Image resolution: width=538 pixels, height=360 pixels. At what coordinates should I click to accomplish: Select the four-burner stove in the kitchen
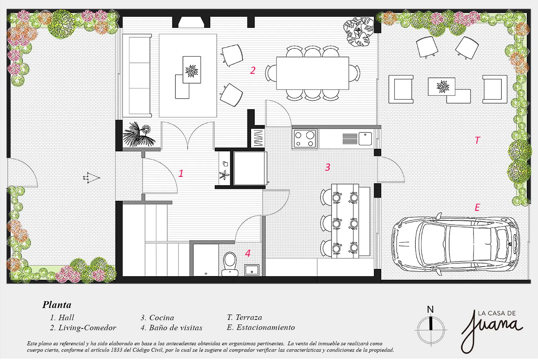tap(305, 139)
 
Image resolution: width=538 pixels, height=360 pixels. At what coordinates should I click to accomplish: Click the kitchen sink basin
tap(365, 138)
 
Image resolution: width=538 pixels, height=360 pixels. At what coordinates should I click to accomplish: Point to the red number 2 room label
tap(253, 70)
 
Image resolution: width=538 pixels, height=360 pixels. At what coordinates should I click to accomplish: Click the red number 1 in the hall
tap(181, 173)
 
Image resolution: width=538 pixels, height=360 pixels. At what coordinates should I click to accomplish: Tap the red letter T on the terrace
tap(477, 140)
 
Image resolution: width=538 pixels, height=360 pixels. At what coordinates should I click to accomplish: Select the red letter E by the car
tap(477, 207)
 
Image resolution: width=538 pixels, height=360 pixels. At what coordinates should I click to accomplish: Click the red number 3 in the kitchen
tap(327, 167)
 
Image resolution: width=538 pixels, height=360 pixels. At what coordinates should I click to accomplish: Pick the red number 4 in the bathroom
tap(247, 253)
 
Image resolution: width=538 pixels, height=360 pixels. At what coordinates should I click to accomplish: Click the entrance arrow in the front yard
tap(91, 178)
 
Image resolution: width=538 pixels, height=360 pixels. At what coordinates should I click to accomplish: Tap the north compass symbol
tap(431, 326)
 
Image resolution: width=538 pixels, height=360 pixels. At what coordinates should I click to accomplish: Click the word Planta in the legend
tap(57, 305)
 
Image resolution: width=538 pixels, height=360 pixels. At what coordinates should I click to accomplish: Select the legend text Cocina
tap(161, 317)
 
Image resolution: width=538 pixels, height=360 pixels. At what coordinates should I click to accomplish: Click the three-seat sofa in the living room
tap(137, 76)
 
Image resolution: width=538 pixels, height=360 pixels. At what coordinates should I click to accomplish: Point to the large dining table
tap(312, 73)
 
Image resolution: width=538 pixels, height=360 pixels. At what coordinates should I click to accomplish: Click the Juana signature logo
tap(492, 331)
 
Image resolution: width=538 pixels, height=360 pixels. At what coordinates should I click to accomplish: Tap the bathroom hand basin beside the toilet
tap(252, 270)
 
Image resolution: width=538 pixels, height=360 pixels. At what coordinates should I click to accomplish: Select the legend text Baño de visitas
tap(176, 328)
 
